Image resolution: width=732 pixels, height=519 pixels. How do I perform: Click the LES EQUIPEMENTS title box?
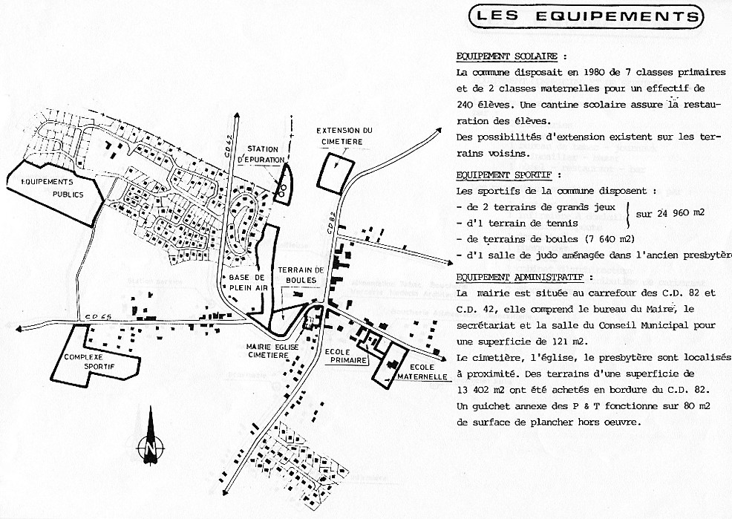click(586, 15)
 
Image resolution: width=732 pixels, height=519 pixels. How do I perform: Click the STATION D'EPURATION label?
click(263, 154)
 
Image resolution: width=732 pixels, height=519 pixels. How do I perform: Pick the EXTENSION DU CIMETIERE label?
click(344, 136)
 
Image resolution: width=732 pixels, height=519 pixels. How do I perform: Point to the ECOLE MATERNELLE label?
click(424, 371)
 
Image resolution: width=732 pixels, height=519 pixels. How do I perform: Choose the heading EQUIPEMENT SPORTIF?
click(504, 175)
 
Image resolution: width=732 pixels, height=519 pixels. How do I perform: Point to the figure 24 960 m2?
click(670, 213)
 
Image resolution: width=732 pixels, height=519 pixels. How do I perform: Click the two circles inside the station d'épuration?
click(281, 189)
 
